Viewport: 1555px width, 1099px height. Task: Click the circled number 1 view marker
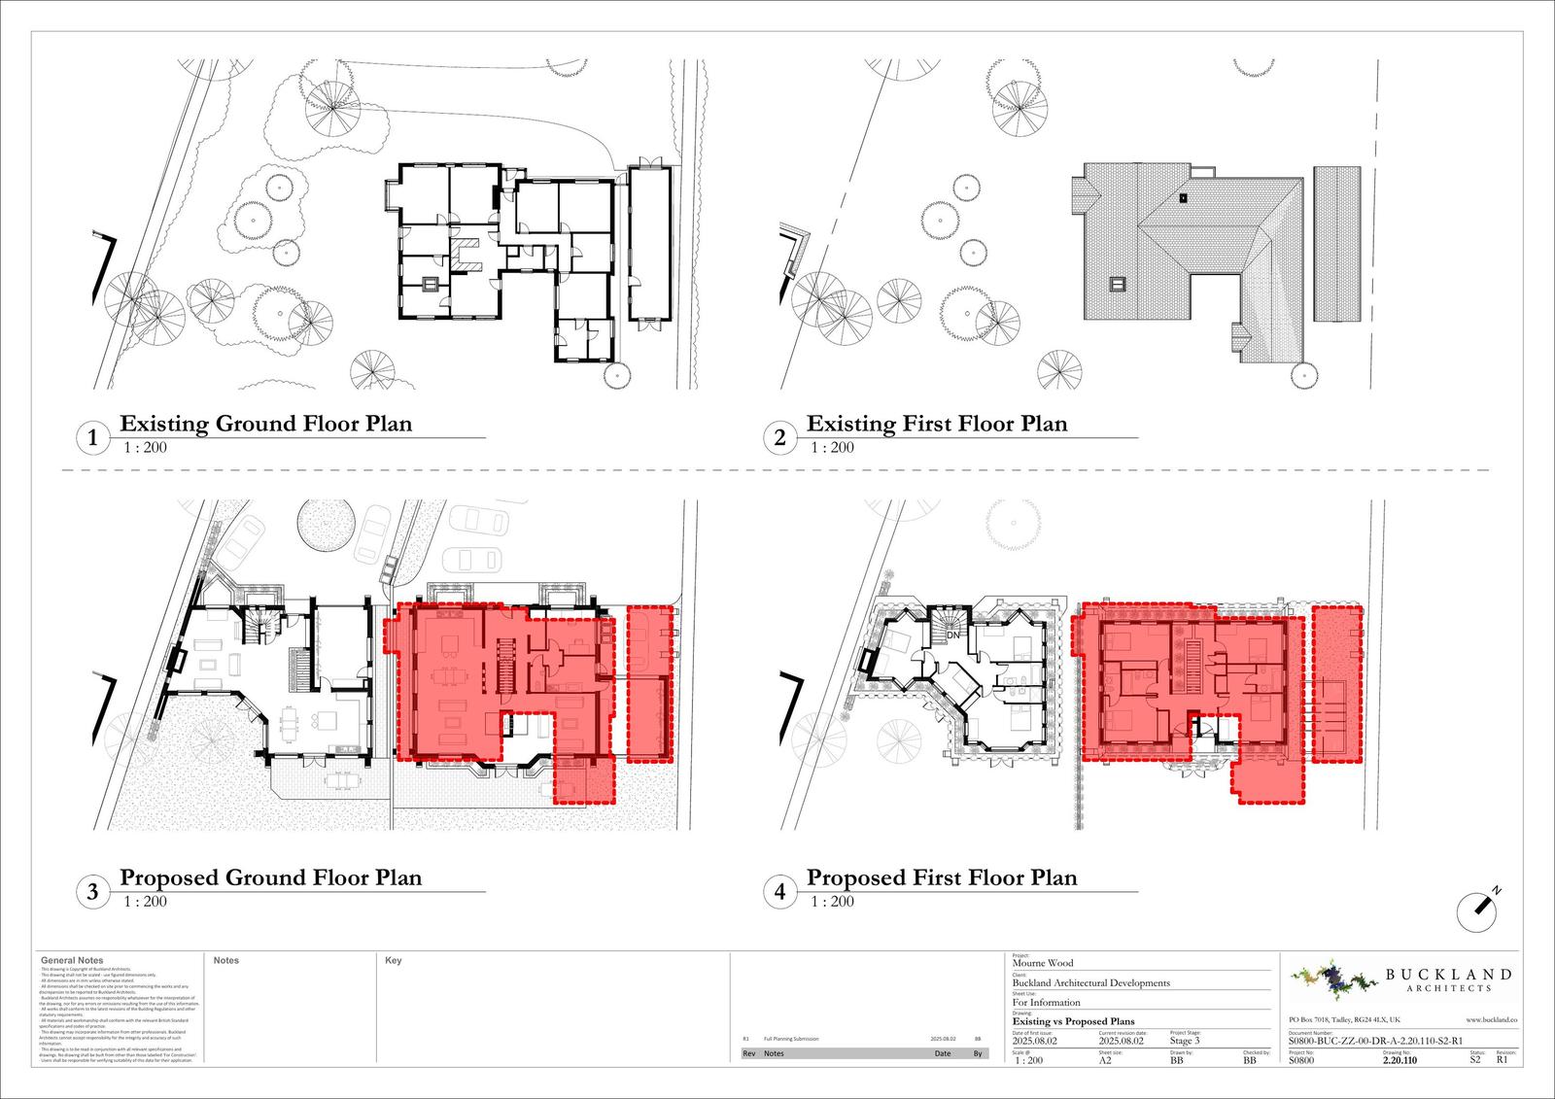pos(92,438)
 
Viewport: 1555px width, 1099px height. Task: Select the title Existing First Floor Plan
pos(937,424)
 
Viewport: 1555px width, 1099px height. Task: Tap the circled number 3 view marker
pos(92,892)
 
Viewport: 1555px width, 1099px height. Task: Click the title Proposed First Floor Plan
pos(942,877)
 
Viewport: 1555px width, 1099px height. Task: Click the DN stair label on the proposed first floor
pos(953,635)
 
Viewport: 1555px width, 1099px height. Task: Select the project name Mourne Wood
pos(1043,963)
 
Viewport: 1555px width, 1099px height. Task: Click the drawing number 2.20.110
pos(1399,1061)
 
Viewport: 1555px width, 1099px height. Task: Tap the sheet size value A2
pos(1105,1060)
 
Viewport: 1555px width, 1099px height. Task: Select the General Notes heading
pos(72,960)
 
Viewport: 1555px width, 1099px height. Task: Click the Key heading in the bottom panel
pos(394,960)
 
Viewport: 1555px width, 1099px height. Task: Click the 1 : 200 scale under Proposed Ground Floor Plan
pos(146,902)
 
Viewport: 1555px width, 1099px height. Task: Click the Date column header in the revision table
pos(943,1053)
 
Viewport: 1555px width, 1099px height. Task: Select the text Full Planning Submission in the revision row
pos(791,1039)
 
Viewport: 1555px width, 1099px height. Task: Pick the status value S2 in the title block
pos(1475,1061)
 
